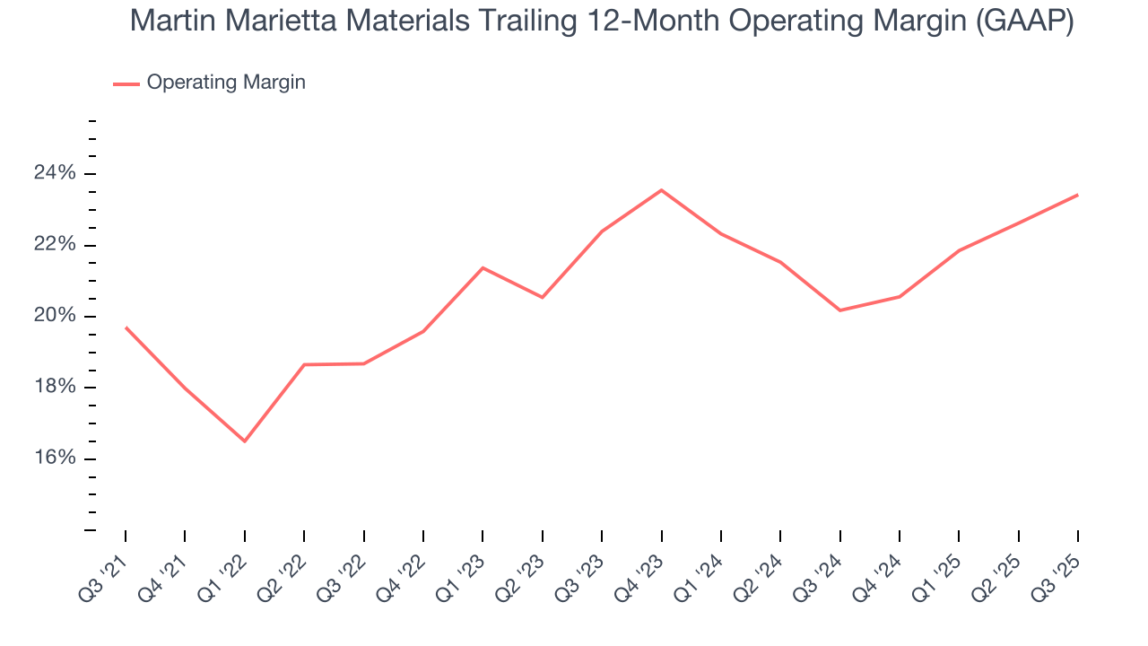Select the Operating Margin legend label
tap(226, 83)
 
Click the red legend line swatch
tap(126, 83)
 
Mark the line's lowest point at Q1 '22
tap(244, 441)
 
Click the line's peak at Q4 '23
tap(661, 190)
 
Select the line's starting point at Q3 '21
tap(126, 327)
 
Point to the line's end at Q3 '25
tap(1077, 195)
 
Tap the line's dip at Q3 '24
tap(839, 310)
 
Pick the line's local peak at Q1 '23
tap(483, 267)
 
